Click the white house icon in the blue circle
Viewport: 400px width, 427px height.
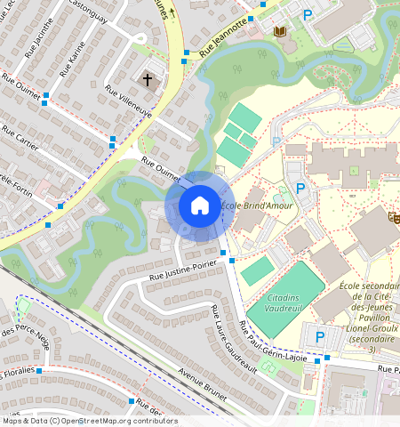click(200, 205)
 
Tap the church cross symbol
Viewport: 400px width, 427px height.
click(148, 79)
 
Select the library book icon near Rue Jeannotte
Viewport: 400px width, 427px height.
click(280, 32)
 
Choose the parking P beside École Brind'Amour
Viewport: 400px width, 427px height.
click(300, 189)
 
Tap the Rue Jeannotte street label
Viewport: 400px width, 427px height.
click(222, 39)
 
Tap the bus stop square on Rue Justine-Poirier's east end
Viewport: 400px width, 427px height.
click(232, 261)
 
